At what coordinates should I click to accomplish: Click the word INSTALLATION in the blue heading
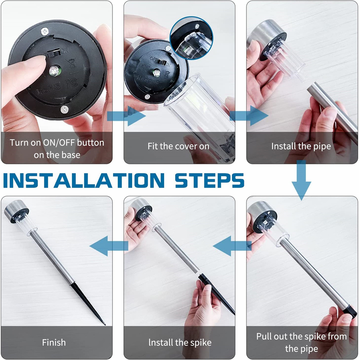[x=84, y=180]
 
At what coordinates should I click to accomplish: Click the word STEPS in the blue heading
[x=210, y=180]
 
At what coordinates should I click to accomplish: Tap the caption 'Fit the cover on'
[x=179, y=146]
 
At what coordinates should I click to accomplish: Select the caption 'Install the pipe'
[x=301, y=146]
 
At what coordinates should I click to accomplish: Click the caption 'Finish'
[x=54, y=342]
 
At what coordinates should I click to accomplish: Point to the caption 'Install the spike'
[x=180, y=343]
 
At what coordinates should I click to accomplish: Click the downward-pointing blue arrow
[x=301, y=180]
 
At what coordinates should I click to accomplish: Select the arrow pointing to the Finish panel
[x=109, y=246]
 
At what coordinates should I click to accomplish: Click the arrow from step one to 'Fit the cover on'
[x=126, y=116]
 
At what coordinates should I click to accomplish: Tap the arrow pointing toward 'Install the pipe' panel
[x=249, y=116]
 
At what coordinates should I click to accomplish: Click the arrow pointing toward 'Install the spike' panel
[x=232, y=246]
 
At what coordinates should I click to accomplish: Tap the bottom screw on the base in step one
[x=64, y=109]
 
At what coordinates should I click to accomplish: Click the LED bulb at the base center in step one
[x=54, y=71]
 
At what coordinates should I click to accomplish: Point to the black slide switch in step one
[x=54, y=53]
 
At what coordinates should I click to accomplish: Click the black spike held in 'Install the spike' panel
[x=216, y=293]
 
